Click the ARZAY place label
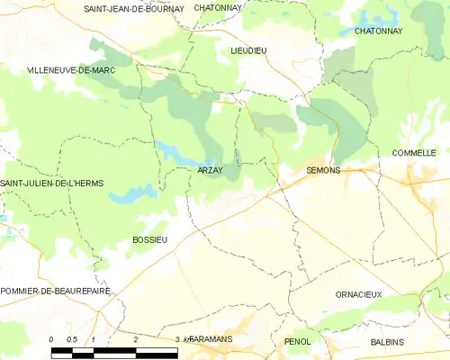[x=211, y=169]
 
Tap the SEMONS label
[x=323, y=169]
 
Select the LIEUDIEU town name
[x=248, y=51]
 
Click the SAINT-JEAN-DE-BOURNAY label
[x=133, y=8]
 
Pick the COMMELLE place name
[x=414, y=153]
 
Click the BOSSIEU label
[x=149, y=239]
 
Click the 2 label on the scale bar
[x=135, y=339]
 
